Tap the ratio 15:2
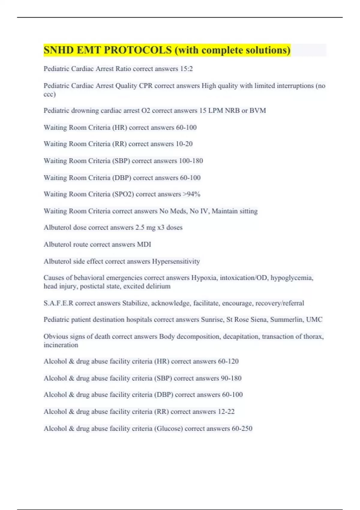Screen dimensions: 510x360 click(x=186, y=69)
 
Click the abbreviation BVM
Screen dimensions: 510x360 click(x=258, y=111)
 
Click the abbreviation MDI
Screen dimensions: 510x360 click(x=144, y=244)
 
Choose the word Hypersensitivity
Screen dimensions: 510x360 click(x=176, y=262)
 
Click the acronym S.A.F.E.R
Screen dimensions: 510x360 click(x=58, y=303)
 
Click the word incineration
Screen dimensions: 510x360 click(x=61, y=345)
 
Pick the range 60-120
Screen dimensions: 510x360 click(x=228, y=361)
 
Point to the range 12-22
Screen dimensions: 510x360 click(x=226, y=412)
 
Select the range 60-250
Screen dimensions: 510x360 click(x=242, y=429)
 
